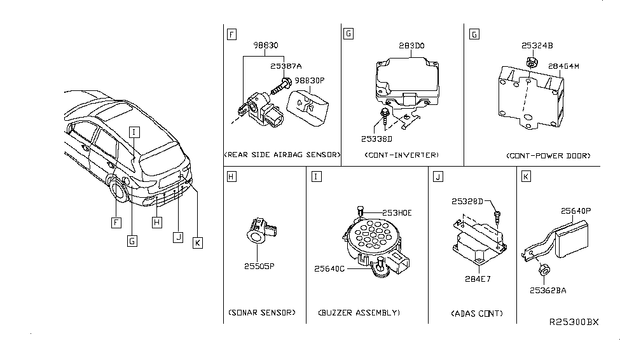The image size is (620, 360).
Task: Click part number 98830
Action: pyautogui.click(x=266, y=46)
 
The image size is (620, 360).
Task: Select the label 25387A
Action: pyautogui.click(x=286, y=66)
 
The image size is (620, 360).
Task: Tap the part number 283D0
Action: pyautogui.click(x=411, y=46)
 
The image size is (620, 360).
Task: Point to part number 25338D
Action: pyautogui.click(x=376, y=139)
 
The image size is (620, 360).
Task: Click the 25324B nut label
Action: pyautogui.click(x=537, y=46)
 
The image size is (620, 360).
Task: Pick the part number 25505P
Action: pyautogui.click(x=259, y=267)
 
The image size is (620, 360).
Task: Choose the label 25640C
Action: pyautogui.click(x=329, y=269)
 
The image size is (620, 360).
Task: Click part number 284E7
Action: pyautogui.click(x=478, y=279)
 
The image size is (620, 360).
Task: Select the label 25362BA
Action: pyautogui.click(x=548, y=291)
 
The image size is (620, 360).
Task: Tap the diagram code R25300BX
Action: pyautogui.click(x=574, y=322)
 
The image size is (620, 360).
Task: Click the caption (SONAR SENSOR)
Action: pyautogui.click(x=262, y=312)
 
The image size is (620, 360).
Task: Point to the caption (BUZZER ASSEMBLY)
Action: pyautogui.click(x=359, y=313)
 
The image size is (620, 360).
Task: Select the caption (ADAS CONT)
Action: pyautogui.click(x=477, y=314)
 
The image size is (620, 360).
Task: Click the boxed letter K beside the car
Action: pyautogui.click(x=197, y=243)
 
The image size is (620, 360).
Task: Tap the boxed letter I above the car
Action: pyautogui.click(x=134, y=132)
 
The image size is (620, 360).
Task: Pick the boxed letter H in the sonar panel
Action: pyautogui.click(x=231, y=176)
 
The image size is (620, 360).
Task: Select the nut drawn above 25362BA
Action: pyautogui.click(x=544, y=270)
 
